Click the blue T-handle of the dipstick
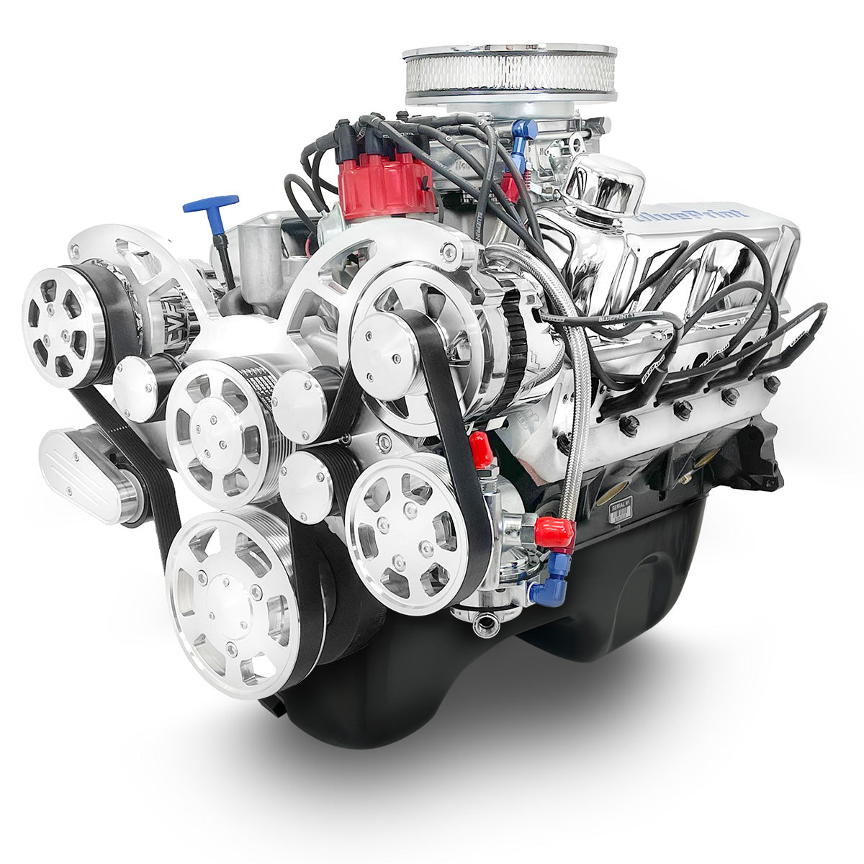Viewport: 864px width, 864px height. click(x=210, y=204)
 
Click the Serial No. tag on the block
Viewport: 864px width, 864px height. click(x=620, y=513)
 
